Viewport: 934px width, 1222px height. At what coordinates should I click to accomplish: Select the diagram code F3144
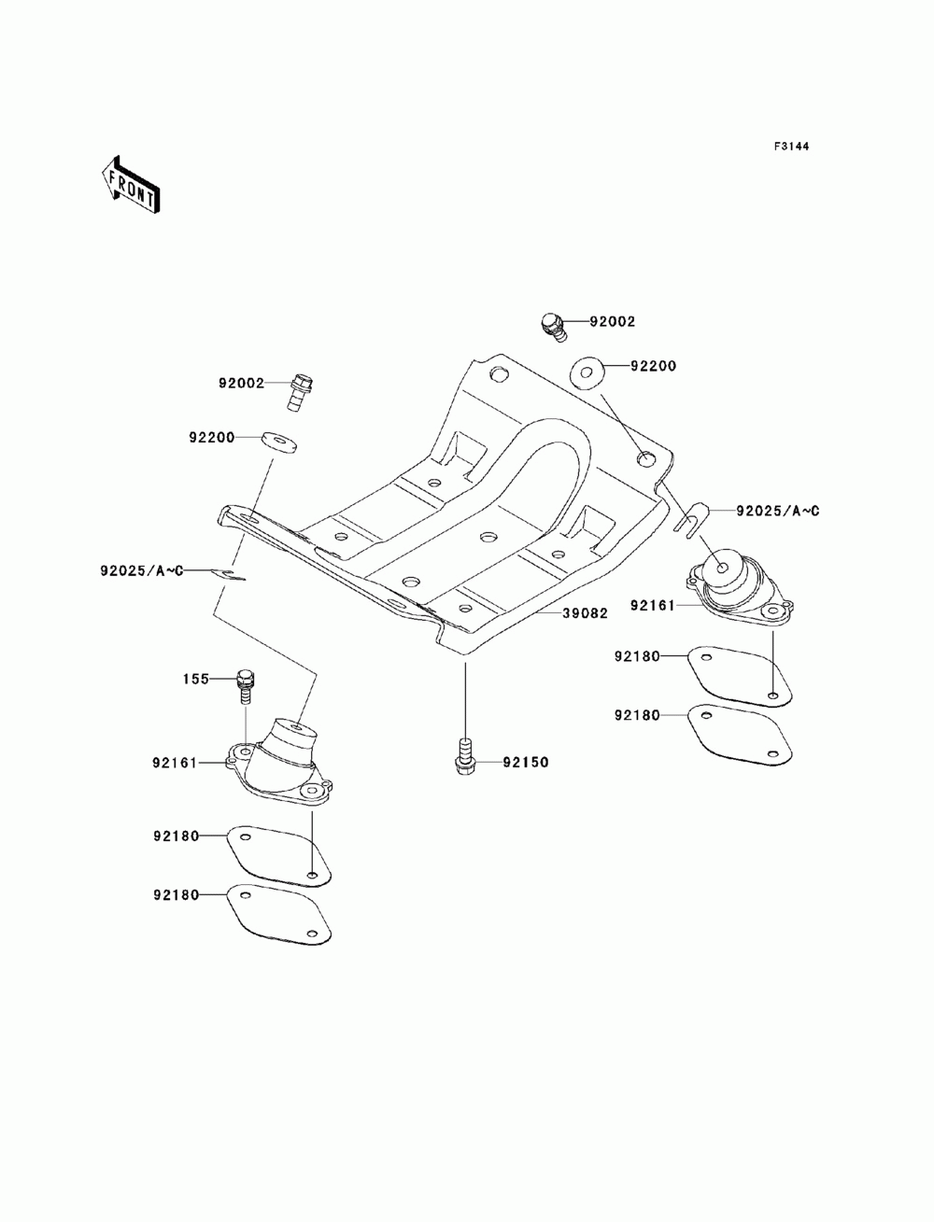click(x=791, y=147)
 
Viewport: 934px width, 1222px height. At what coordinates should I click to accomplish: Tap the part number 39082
click(x=585, y=613)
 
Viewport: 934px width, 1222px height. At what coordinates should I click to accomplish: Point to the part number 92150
click(x=526, y=762)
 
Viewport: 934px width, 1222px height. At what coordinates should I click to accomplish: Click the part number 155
click(x=196, y=680)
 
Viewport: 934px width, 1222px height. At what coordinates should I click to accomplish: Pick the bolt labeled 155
click(x=245, y=687)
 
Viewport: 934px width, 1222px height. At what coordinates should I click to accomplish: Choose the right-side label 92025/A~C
click(x=777, y=511)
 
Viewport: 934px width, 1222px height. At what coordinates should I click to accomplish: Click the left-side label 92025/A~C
click(x=141, y=570)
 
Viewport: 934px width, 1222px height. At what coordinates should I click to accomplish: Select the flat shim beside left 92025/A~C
click(x=228, y=574)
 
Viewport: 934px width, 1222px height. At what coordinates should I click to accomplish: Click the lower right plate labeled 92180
click(x=740, y=735)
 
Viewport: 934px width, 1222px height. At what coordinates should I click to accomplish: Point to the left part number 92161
click(x=176, y=763)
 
